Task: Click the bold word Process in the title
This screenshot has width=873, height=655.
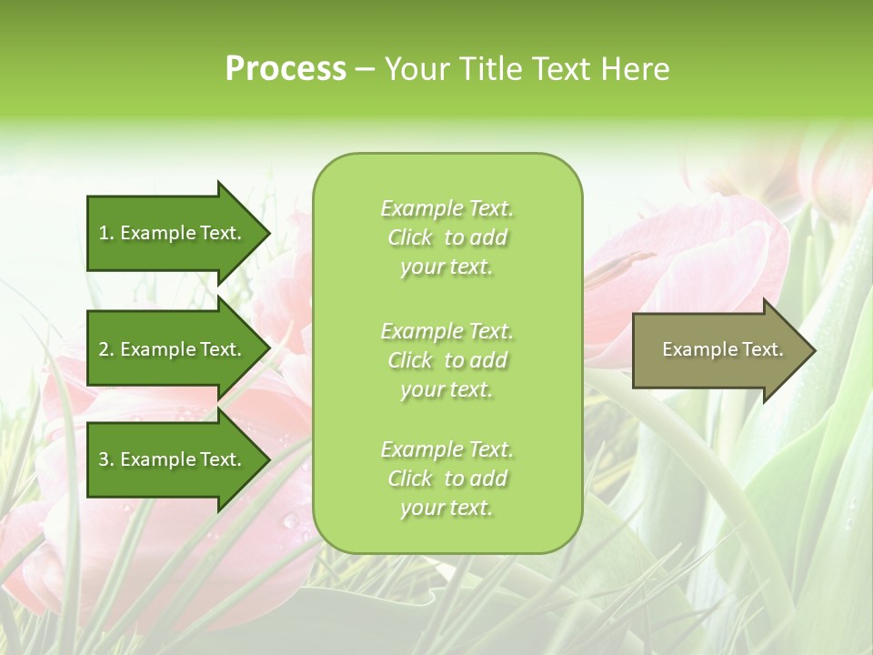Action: (x=286, y=69)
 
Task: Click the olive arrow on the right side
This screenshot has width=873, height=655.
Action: (x=718, y=349)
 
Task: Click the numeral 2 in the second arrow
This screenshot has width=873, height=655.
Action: (x=104, y=349)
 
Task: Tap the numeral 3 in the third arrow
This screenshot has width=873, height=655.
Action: (x=104, y=459)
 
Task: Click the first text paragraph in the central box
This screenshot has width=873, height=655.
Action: (x=447, y=237)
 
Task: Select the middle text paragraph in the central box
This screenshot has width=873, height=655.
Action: (x=447, y=360)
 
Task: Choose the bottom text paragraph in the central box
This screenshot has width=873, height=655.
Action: (x=447, y=479)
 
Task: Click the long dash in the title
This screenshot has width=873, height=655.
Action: (x=365, y=69)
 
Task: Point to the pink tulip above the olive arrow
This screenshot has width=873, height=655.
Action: (x=691, y=264)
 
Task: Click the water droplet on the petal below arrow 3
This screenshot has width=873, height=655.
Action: (x=290, y=520)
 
